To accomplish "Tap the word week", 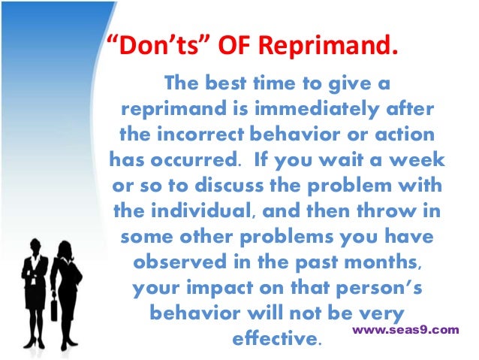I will pos(421,160).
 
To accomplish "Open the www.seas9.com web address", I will pos(405,329).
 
